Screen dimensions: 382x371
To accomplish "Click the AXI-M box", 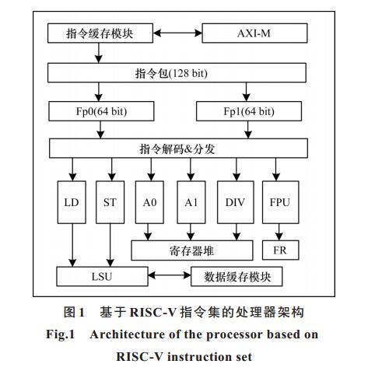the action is (254, 33).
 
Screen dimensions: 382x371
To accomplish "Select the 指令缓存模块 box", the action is (100, 33).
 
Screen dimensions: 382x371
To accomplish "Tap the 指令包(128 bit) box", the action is (177, 73).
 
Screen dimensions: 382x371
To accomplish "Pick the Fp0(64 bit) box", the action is (101, 111).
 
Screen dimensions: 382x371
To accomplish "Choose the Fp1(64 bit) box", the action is (249, 111).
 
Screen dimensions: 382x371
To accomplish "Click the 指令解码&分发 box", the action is (178, 149).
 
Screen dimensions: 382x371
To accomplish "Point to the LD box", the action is (72, 202).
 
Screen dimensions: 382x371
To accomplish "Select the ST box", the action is (110, 202).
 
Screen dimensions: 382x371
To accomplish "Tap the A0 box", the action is (149, 202).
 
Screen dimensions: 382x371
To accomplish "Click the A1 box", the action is (191, 202).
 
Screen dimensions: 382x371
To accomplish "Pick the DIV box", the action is (236, 202).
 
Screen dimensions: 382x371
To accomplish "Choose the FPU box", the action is (281, 202).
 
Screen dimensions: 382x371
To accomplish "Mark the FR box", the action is (281, 250).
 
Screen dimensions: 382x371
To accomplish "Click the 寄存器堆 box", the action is (192, 250).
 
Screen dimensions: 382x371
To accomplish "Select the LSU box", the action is (102, 277).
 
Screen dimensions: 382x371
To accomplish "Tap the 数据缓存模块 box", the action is (237, 277).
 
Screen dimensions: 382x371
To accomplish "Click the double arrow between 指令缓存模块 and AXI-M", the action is (177, 33).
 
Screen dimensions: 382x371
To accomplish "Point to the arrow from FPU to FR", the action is (279, 232).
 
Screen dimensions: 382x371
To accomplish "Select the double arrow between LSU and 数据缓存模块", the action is (170, 275).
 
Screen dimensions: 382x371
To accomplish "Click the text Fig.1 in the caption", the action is (61, 334).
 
